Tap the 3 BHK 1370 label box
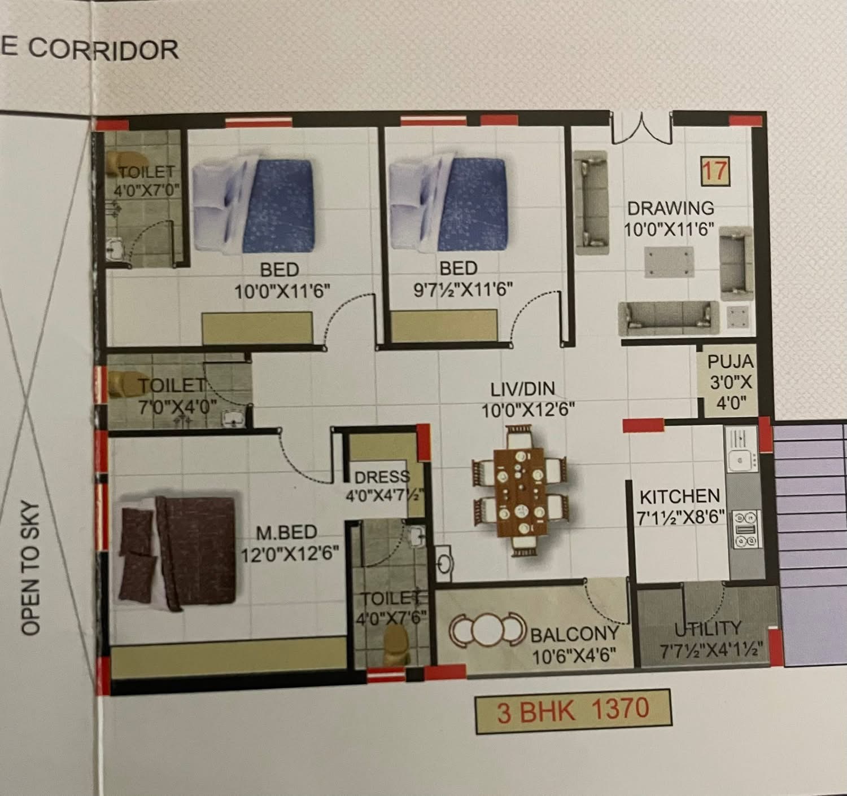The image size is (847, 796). coord(573,711)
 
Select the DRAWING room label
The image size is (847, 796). coord(670,208)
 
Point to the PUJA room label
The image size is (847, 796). coord(731,362)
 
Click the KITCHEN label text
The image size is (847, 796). coord(680,497)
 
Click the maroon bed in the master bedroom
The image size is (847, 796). coord(177,552)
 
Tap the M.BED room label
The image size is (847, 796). coord(287,532)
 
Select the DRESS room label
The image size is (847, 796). coord(382,477)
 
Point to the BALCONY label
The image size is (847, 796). coord(574,634)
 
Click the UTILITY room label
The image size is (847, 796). coord(708,629)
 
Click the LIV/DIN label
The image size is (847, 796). coord(522,389)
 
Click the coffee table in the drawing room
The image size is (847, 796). coord(669,262)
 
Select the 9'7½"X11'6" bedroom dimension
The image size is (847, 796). coord(462,290)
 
